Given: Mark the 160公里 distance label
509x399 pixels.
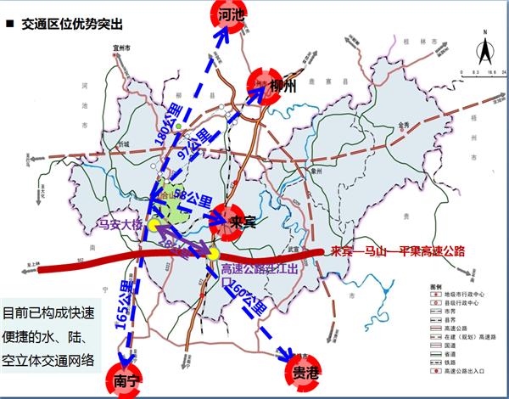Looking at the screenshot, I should click(247, 298).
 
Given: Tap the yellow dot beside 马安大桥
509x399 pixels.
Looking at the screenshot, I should click(153, 227).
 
